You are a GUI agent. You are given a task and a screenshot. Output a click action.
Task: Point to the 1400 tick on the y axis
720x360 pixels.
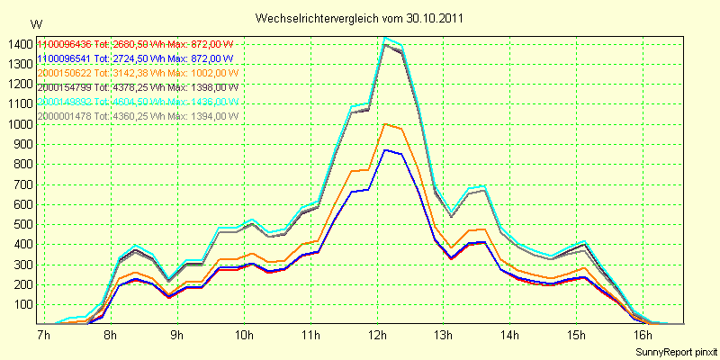coord(19,44)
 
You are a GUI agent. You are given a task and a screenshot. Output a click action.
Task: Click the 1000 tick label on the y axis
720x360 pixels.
coord(19,124)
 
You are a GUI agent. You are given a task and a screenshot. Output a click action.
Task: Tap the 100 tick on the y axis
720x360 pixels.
coord(22,304)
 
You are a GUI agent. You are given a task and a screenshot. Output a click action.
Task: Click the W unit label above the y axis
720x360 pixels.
coord(35,22)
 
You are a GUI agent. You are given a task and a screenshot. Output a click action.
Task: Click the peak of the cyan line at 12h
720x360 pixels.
coord(385,38)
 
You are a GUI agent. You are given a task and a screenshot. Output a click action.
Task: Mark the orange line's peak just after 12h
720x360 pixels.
coord(385,124)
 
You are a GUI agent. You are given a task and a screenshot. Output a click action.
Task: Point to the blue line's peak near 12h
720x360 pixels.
coord(385,149)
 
